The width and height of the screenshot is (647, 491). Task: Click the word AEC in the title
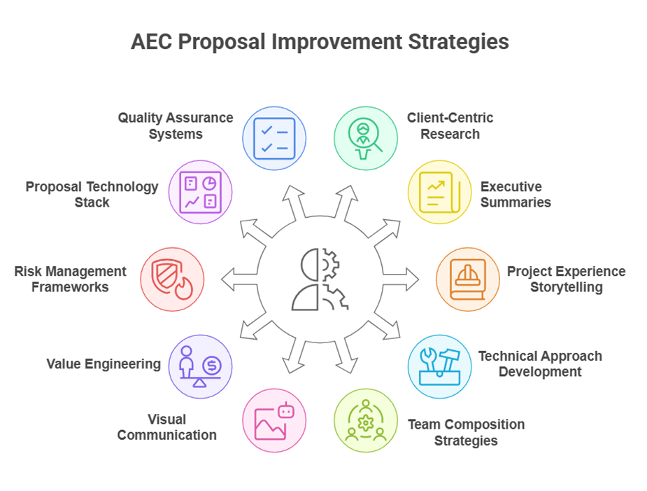[x=152, y=42]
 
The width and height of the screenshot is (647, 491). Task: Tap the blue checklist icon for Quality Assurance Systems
[x=274, y=139]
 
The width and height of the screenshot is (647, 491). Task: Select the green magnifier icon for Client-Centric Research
[x=365, y=139]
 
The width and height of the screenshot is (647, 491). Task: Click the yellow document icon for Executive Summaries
[x=439, y=192]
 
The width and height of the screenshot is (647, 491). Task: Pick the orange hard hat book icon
[x=467, y=279]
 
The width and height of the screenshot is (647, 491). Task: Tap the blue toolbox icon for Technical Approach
[x=439, y=366]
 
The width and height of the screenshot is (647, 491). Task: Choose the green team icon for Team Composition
[x=365, y=420]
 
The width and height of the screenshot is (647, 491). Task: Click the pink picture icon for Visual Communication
[x=274, y=420]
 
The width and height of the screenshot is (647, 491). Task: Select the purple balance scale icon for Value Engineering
[x=200, y=366]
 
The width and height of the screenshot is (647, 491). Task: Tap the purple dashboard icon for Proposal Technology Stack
[x=200, y=192]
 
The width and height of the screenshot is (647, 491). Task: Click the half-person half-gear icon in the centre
[x=320, y=279]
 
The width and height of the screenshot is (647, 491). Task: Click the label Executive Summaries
[x=516, y=194]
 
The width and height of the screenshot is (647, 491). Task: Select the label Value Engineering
[x=103, y=364]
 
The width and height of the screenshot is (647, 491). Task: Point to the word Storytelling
[x=566, y=287]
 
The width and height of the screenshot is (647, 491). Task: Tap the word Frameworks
[x=70, y=287]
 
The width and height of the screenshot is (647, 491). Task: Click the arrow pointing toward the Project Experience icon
[x=401, y=279]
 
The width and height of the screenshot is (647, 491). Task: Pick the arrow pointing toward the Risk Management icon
[x=239, y=279]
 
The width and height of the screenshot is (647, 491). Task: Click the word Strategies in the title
[x=458, y=42]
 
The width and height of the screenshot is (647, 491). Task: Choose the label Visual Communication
[x=166, y=427]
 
